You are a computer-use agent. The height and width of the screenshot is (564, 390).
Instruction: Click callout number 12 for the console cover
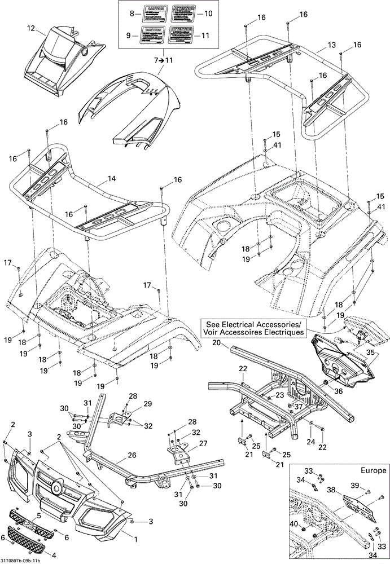[x=30, y=28]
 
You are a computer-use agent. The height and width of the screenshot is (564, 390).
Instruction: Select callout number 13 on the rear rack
[x=331, y=45]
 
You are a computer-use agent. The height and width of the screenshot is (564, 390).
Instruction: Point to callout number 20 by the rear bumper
[x=216, y=342]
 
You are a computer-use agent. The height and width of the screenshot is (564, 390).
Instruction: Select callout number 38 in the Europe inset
[x=348, y=491]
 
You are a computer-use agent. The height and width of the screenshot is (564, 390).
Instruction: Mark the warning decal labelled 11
[x=181, y=34]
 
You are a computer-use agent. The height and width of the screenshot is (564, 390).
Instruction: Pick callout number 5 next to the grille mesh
[x=39, y=515]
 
